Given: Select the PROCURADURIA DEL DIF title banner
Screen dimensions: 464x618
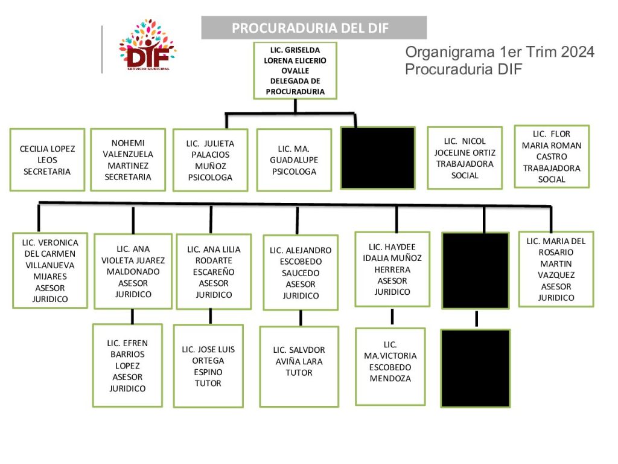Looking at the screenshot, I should pyautogui.click(x=314, y=28).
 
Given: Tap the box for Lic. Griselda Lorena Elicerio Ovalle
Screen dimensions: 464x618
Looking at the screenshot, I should pyautogui.click(x=295, y=71).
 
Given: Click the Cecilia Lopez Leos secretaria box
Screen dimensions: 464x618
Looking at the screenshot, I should pyautogui.click(x=47, y=159).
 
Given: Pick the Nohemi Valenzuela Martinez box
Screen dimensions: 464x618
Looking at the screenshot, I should pyautogui.click(x=128, y=159).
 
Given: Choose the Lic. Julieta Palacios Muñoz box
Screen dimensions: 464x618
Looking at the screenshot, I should pyautogui.click(x=210, y=160).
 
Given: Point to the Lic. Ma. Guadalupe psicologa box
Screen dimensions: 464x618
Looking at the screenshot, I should pyautogui.click(x=294, y=160).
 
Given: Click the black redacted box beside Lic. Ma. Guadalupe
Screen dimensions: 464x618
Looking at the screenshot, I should pyautogui.click(x=378, y=158).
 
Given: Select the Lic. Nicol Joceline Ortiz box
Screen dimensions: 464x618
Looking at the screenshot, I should pyautogui.click(x=465, y=158).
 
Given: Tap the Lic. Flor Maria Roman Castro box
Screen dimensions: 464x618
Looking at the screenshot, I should pyautogui.click(x=552, y=156).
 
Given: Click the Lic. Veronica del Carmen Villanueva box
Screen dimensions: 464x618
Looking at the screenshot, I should pyautogui.click(x=50, y=270).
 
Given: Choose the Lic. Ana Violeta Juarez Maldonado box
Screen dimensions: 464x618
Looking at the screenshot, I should pyautogui.click(x=133, y=271).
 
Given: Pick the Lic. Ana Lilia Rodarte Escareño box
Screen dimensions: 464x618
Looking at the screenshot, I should pyautogui.click(x=214, y=272).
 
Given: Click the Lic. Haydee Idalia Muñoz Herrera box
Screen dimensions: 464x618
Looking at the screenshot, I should pyautogui.click(x=392, y=269).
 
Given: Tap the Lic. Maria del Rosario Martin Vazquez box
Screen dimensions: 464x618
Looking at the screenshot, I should pyautogui.click(x=556, y=269).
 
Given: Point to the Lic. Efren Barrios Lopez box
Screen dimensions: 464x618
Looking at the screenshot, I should pyautogui.click(x=128, y=366).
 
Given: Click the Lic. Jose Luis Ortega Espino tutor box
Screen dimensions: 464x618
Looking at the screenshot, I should pyautogui.click(x=208, y=366).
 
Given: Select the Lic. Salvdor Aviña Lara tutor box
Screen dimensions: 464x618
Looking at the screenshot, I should pyautogui.click(x=299, y=366).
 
